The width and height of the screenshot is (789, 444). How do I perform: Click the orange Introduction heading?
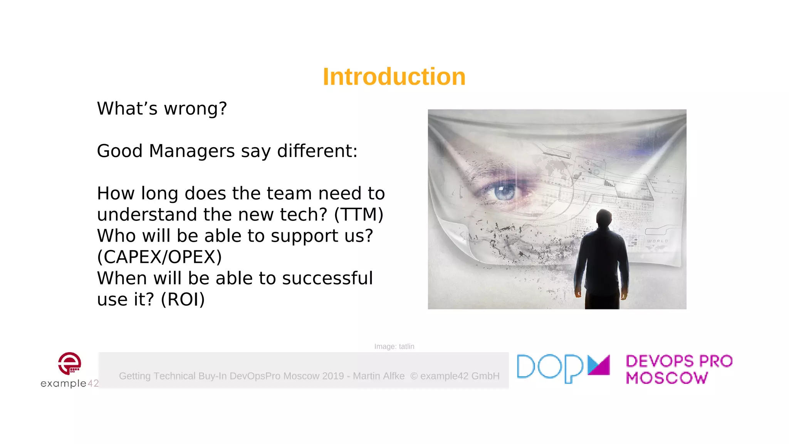pyautogui.click(x=394, y=76)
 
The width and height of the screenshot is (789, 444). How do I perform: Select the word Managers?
pyautogui.click(x=191, y=151)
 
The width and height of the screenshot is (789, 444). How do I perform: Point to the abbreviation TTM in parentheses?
pyautogui.click(x=359, y=215)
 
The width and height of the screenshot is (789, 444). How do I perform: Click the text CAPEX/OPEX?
pyautogui.click(x=159, y=257)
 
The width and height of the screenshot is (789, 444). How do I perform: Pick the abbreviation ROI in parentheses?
pyautogui.click(x=183, y=299)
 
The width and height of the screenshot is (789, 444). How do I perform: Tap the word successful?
pyautogui.click(x=327, y=278)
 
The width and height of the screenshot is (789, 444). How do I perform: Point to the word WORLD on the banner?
pyautogui.click(x=657, y=241)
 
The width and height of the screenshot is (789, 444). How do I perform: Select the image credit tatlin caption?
pyautogui.click(x=394, y=346)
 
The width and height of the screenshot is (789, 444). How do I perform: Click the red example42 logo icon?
pyautogui.click(x=69, y=363)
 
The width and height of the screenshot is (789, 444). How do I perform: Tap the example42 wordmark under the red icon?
pyautogui.click(x=69, y=383)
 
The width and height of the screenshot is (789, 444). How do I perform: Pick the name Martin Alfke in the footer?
pyautogui.click(x=379, y=376)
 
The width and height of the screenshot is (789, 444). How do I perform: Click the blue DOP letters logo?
pyautogui.click(x=550, y=368)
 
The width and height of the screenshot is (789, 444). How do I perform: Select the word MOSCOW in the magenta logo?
pyautogui.click(x=667, y=378)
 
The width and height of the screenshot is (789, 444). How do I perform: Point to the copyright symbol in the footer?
pyautogui.click(x=414, y=376)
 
